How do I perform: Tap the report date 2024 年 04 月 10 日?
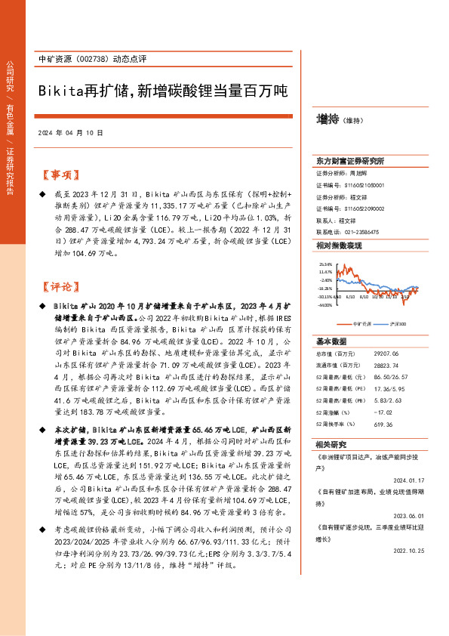click(x=69, y=132)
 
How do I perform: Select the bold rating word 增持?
click(x=327, y=119)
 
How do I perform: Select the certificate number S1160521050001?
click(x=365, y=184)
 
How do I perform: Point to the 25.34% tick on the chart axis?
click(x=325, y=264)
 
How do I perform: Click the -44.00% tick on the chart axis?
click(x=325, y=306)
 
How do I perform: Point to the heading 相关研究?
click(x=332, y=444)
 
